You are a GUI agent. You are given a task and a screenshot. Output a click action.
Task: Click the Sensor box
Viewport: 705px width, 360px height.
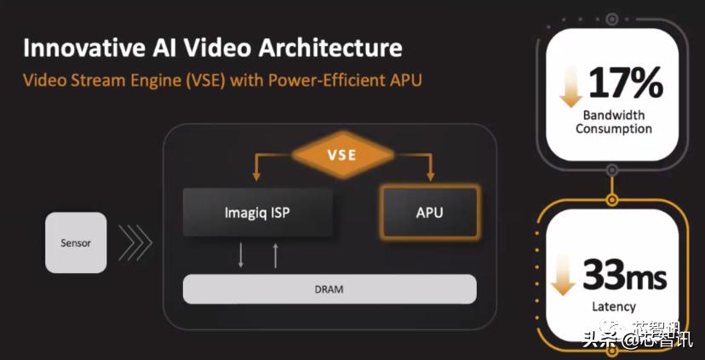[76, 243]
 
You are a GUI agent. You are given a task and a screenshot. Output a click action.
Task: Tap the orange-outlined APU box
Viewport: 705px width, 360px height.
[429, 212]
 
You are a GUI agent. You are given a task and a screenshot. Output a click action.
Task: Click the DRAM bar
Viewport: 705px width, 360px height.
[330, 289]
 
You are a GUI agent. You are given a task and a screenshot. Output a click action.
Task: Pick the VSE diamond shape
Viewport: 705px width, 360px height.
[341, 156]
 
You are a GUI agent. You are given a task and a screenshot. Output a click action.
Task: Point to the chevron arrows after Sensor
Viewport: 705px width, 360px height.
[135, 243]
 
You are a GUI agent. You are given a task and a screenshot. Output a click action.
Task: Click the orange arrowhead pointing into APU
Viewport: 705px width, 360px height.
[429, 178]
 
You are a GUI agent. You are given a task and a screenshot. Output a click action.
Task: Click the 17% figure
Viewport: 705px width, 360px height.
[624, 83]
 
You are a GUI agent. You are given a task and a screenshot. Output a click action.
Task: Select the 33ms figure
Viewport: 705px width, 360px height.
[624, 276]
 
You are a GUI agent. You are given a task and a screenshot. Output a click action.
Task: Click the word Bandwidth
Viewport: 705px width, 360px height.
[614, 115]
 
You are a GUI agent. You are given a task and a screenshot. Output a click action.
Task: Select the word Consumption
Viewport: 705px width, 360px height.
[614, 129]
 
